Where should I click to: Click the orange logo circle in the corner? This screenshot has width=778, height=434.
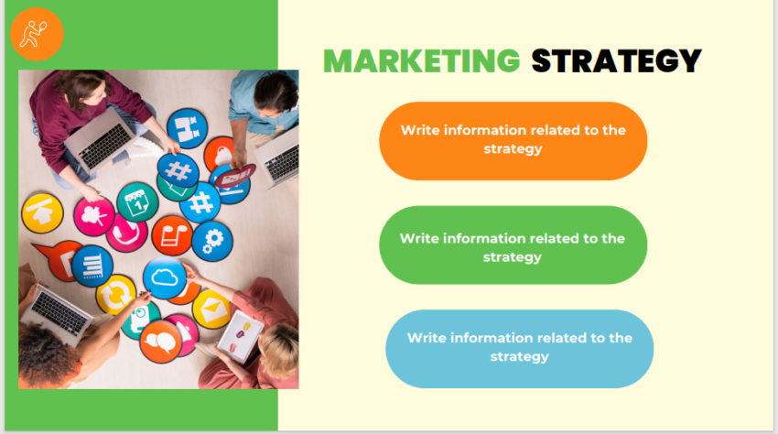coord(38,34)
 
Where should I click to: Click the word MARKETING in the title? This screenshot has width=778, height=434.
coord(422,60)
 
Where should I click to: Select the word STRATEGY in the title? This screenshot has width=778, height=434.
coord(617,60)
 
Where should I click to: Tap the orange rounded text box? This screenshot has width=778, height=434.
coord(513,140)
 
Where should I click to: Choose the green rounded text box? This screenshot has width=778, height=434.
coord(513,245)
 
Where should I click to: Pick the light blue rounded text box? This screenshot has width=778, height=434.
coord(519,348)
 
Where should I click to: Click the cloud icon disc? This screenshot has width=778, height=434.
coord(166,278)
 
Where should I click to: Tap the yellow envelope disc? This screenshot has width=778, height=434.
coord(211,309)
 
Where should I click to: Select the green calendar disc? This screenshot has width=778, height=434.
coord(137,202)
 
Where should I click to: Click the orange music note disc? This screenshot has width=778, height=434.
coord(171,234)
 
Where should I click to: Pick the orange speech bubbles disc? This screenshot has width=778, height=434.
coord(161,342)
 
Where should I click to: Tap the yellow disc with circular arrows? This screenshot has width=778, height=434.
coord(116,294)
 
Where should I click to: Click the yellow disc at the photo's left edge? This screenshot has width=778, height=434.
coord(41,212)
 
